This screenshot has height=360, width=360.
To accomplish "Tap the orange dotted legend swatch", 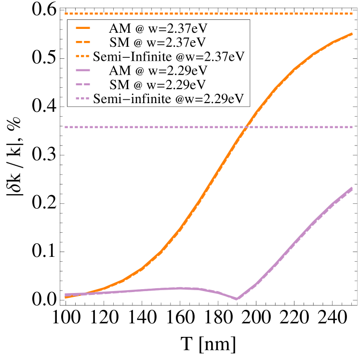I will point(83,56).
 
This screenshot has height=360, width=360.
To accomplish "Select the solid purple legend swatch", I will point(83,71).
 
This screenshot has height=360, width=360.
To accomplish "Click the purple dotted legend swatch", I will point(83,99).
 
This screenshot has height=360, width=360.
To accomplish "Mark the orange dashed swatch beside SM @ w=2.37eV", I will point(83,42).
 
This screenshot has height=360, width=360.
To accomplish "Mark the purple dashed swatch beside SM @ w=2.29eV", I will point(83,85).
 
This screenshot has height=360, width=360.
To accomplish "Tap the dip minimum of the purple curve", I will point(237,299).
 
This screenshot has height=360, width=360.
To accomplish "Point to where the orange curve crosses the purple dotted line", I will point(246,127).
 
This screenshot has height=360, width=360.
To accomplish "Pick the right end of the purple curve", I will point(353,187).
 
